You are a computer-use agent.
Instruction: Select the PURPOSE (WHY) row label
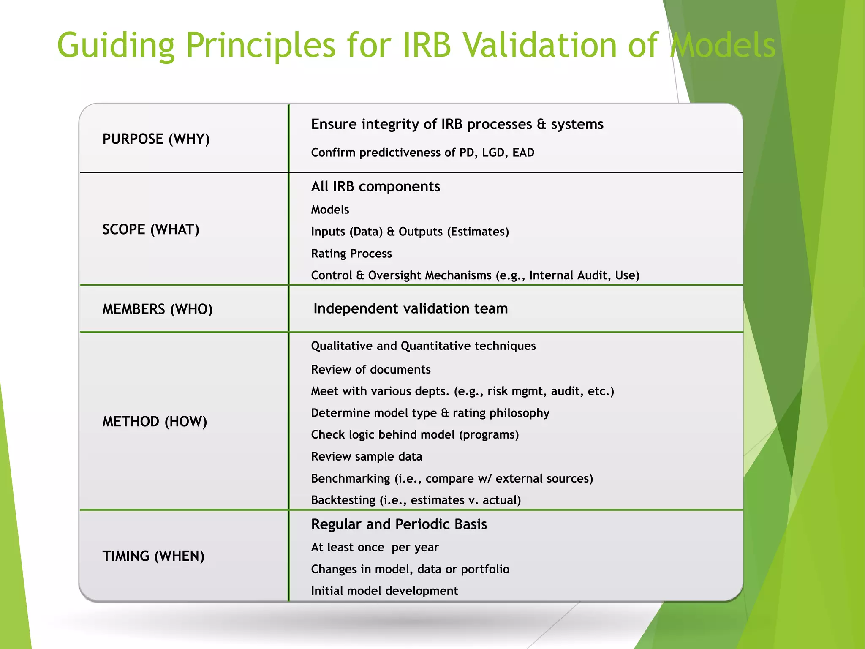[x=156, y=139]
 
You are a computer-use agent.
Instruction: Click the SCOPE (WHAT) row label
[x=151, y=229]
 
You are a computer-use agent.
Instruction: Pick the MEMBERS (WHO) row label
[x=157, y=309]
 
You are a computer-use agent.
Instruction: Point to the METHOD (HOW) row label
[x=155, y=422]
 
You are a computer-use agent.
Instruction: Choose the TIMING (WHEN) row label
[x=153, y=556]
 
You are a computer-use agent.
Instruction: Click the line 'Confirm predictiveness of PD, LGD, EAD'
[x=422, y=153]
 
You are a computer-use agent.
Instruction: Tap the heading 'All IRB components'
[x=375, y=186]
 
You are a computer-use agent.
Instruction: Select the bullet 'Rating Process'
[x=351, y=254]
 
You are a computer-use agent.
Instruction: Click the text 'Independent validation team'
[x=411, y=308]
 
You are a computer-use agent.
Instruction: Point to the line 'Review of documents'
[x=370, y=370]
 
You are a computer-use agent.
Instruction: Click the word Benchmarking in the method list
[x=351, y=479]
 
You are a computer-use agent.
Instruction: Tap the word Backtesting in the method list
[x=343, y=500]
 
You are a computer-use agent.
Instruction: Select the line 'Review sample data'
[x=366, y=457]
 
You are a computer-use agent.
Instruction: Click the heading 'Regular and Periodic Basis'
[x=399, y=524]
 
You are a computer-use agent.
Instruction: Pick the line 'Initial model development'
[x=384, y=591]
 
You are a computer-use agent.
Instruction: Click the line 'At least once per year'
[x=375, y=548]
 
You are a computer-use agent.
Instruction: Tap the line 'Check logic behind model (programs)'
[x=415, y=435]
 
